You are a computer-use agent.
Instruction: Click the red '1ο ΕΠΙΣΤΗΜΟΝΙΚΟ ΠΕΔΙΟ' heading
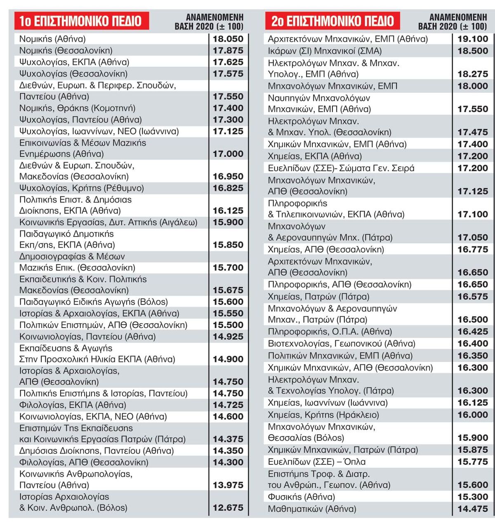(x=82, y=21)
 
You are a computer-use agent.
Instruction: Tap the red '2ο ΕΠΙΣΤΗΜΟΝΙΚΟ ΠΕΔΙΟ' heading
(x=332, y=21)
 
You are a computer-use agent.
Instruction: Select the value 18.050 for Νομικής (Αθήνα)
(x=228, y=39)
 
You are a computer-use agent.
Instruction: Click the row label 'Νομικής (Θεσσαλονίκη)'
(x=66, y=50)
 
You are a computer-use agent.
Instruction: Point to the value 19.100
(x=473, y=39)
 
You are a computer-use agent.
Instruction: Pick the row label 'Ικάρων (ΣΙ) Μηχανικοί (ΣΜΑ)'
(x=325, y=51)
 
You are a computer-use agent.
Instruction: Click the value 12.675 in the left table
(x=228, y=508)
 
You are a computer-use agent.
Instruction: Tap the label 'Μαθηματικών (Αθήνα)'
(x=312, y=508)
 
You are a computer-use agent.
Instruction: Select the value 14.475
(x=473, y=508)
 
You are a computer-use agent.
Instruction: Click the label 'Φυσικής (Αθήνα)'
(x=302, y=497)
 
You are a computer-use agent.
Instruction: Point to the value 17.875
(x=228, y=51)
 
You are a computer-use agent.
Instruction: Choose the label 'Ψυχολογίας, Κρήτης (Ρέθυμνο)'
(x=82, y=188)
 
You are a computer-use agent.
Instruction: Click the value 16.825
(x=228, y=188)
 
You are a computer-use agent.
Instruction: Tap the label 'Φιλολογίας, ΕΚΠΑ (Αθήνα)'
(x=73, y=405)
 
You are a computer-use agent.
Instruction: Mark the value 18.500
(x=473, y=51)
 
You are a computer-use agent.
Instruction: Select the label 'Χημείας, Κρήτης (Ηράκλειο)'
(x=323, y=414)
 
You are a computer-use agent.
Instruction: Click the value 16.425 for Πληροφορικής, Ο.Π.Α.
(x=473, y=331)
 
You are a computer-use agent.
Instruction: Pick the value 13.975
(x=228, y=485)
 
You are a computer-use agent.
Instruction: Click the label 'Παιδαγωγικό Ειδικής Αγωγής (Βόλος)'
(x=94, y=302)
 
